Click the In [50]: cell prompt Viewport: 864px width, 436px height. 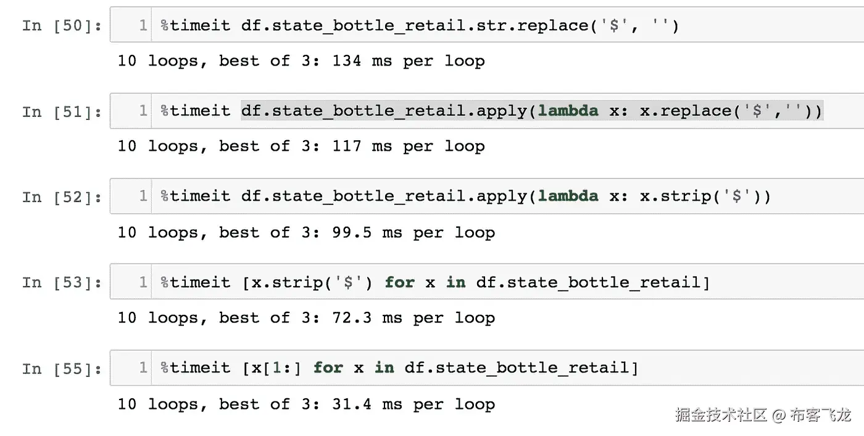click(62, 26)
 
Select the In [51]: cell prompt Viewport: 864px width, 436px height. click(62, 112)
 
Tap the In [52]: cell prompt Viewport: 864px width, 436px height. click(62, 197)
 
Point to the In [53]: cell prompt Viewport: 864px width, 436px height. click(62, 283)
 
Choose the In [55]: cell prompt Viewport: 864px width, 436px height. click(62, 369)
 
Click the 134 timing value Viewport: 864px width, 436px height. click(346, 61)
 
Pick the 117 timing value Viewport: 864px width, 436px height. click(346, 146)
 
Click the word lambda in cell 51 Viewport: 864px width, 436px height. click(568, 111)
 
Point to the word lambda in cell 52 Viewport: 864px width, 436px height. click(568, 196)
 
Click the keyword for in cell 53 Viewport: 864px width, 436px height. click(399, 282)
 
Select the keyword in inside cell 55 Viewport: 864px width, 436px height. click(384, 368)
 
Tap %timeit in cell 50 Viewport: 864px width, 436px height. click(195, 25)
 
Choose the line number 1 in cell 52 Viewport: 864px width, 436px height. click(143, 196)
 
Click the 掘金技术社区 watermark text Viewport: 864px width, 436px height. click(721, 414)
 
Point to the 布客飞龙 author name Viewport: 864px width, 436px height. click(820, 414)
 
